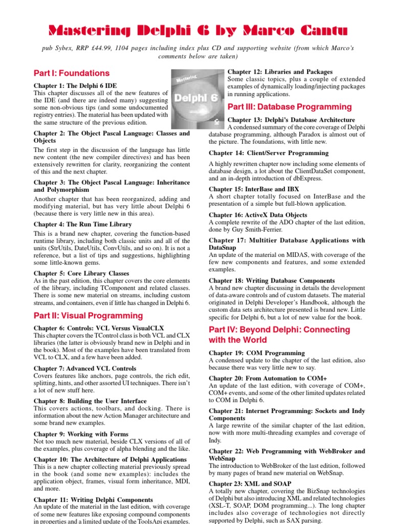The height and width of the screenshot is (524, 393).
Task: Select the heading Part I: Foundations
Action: (72, 73)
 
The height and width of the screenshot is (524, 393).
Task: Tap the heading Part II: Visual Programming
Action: (89, 316)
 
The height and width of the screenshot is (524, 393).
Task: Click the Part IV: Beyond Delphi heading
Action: (285, 335)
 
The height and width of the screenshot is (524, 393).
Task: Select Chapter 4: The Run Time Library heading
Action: (82, 224)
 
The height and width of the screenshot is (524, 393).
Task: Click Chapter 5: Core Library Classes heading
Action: (81, 273)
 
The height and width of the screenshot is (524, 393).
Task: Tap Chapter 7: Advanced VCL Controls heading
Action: (85, 368)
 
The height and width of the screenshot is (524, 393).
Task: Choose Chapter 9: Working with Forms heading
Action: (81, 434)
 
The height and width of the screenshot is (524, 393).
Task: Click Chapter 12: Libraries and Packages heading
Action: (279, 72)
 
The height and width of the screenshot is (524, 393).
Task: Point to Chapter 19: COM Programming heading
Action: (256, 353)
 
